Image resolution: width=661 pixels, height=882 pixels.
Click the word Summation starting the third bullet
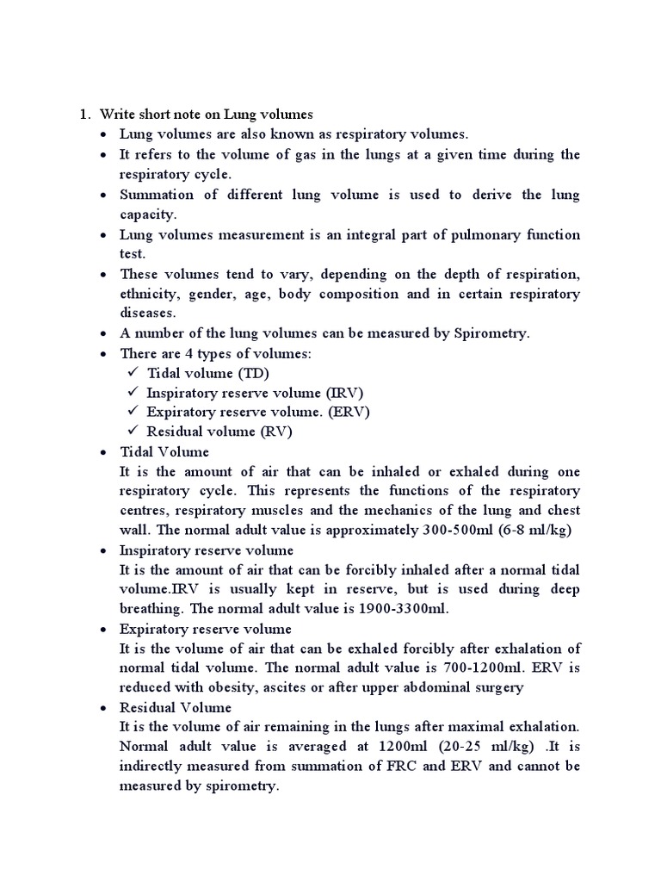tap(155, 195)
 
